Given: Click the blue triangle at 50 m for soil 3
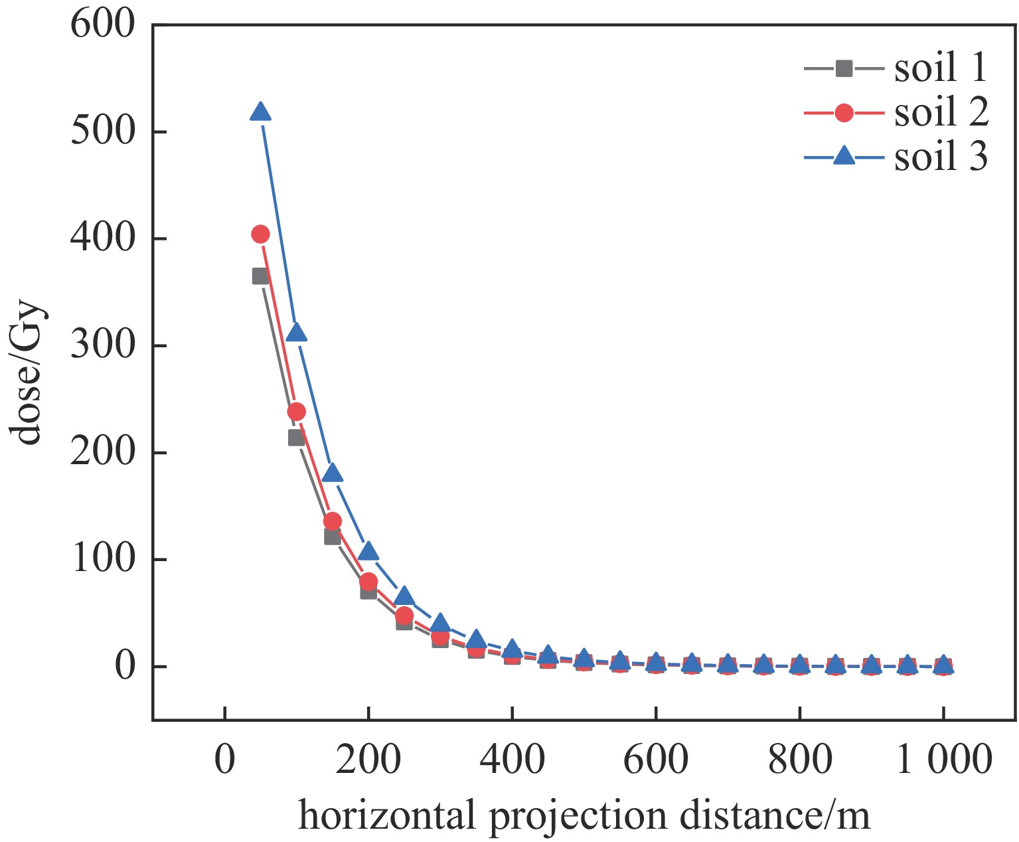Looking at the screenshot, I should pos(260,112).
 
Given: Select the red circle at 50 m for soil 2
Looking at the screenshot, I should pos(260,234).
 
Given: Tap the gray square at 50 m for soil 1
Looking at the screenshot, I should pos(260,276).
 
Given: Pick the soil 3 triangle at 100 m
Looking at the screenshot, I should pos(296,333).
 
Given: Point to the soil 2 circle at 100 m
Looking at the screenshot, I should pos(296,412).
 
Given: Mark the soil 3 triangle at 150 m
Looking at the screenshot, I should pos(332,473).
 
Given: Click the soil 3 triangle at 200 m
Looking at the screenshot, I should pos(368,552).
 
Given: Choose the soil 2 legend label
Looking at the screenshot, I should pos(941,112).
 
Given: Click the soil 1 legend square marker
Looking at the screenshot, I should pos(844,68).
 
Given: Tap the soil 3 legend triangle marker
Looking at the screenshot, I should pos(844,157).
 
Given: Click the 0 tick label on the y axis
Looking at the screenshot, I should pos(124,666).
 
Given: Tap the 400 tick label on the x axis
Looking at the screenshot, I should pos(512,759).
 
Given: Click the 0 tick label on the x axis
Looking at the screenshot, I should pos(225,759).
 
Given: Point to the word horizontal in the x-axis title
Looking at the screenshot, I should pos(387,815).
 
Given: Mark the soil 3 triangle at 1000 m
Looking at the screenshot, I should pos(943,663).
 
